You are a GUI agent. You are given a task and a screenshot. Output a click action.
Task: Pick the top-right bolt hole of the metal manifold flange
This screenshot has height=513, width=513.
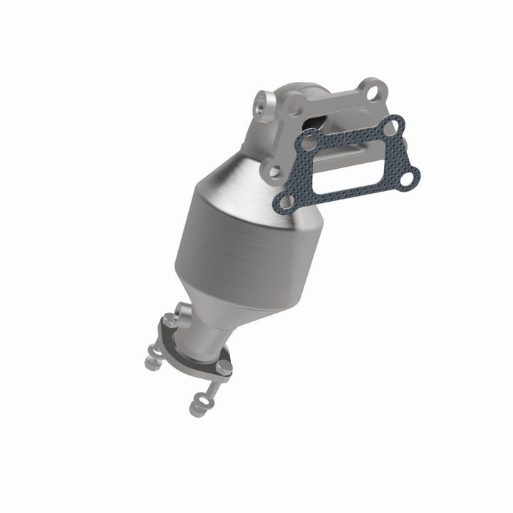369,90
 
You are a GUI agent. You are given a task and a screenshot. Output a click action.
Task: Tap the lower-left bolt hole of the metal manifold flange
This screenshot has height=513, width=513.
272,171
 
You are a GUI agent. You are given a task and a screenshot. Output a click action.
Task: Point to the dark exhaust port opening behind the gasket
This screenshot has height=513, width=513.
324,122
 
